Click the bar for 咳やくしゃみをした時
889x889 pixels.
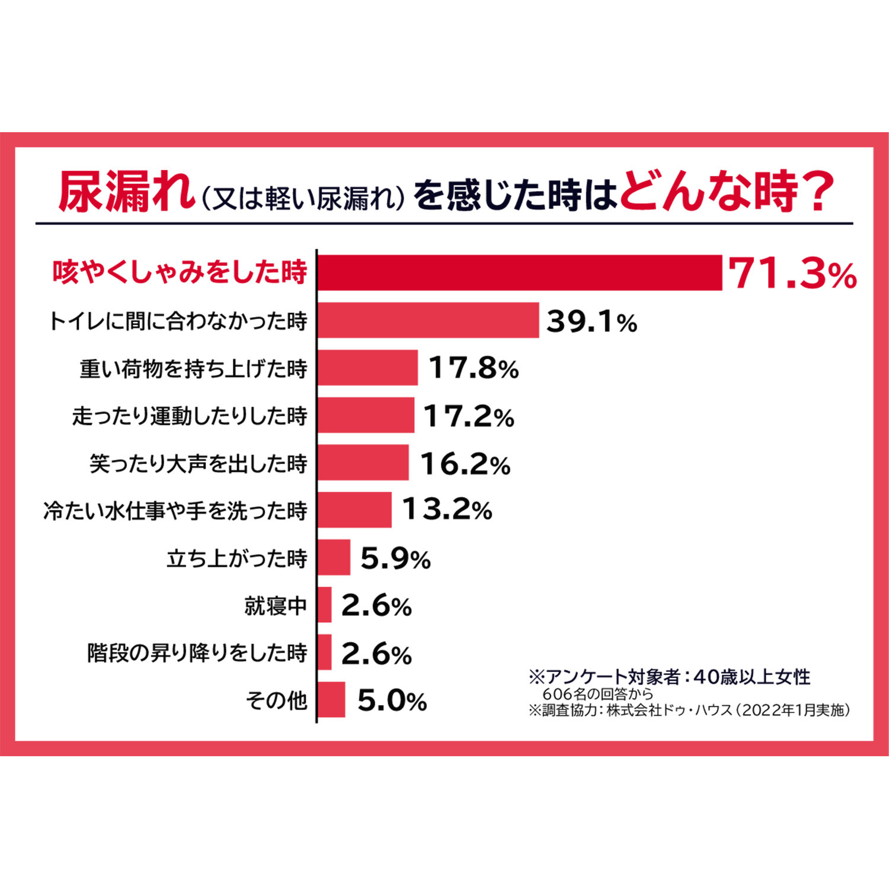coord(520,273)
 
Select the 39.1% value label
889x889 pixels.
coord(591,321)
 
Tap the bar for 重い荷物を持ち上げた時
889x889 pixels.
coord(367,367)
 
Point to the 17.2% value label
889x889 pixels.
coord(469,416)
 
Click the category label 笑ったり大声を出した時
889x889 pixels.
coord(199,463)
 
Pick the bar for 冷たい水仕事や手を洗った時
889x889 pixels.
coord(354,510)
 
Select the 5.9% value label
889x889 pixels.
coord(395,558)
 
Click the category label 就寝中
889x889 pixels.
coord(276,606)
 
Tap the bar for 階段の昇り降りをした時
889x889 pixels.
coord(325,652)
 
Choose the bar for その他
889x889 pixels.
coord(331,699)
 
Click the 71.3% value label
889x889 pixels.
coord(792,274)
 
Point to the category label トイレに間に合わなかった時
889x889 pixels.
coord(178,321)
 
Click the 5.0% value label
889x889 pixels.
coord(392,701)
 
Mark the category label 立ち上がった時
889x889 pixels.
coord(236,558)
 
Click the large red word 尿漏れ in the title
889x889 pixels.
coord(126,192)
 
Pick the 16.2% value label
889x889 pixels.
coord(465,463)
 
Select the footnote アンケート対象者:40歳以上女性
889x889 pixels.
coord(670,676)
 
